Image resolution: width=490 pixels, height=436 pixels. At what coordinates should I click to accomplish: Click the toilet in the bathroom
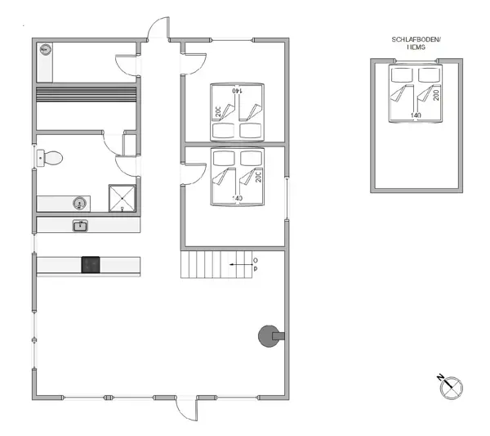click(x=53, y=158)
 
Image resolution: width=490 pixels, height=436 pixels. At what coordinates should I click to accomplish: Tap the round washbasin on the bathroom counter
click(x=80, y=203)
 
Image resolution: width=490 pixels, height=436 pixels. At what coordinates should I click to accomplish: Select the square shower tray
click(x=123, y=198)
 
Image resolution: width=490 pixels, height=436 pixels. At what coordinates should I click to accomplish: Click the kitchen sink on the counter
click(x=80, y=225)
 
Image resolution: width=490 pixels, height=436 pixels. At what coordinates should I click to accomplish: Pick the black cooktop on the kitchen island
click(x=90, y=264)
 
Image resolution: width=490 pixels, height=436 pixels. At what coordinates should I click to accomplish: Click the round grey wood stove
click(x=267, y=335)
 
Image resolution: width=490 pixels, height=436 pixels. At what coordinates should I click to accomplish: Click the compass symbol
click(x=450, y=386)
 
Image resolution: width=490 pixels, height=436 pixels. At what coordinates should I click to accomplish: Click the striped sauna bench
click(x=87, y=106)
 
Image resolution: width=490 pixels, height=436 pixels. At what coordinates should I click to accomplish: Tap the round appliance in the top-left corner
click(x=44, y=51)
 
